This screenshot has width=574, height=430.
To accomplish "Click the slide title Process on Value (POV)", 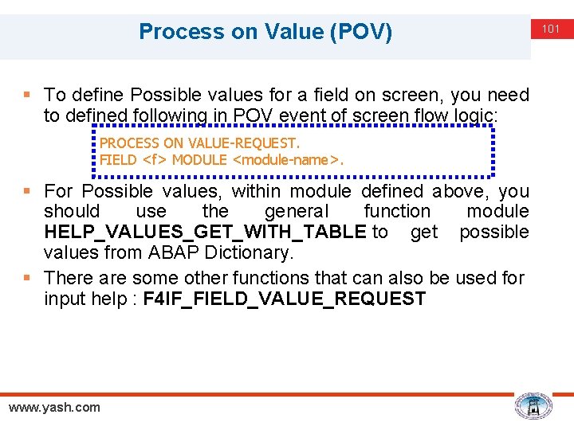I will tap(265, 32).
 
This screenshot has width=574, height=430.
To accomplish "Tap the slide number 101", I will tap(552, 29).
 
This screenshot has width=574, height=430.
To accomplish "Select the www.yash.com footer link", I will tap(54, 408).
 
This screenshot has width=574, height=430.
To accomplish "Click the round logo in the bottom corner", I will tap(533, 406).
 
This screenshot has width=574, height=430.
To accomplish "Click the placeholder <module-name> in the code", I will tap(286, 160).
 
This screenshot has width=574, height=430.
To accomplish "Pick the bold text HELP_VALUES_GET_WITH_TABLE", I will tap(205, 233).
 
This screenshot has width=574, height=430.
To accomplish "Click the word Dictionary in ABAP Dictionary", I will tap(256, 253).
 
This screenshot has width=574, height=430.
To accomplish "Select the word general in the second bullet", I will tap(296, 212).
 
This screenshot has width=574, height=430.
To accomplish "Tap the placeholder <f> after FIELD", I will tap(155, 160).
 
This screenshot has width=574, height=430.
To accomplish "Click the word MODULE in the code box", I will tap(199, 160).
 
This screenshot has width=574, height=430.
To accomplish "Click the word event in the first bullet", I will tap(297, 116).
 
